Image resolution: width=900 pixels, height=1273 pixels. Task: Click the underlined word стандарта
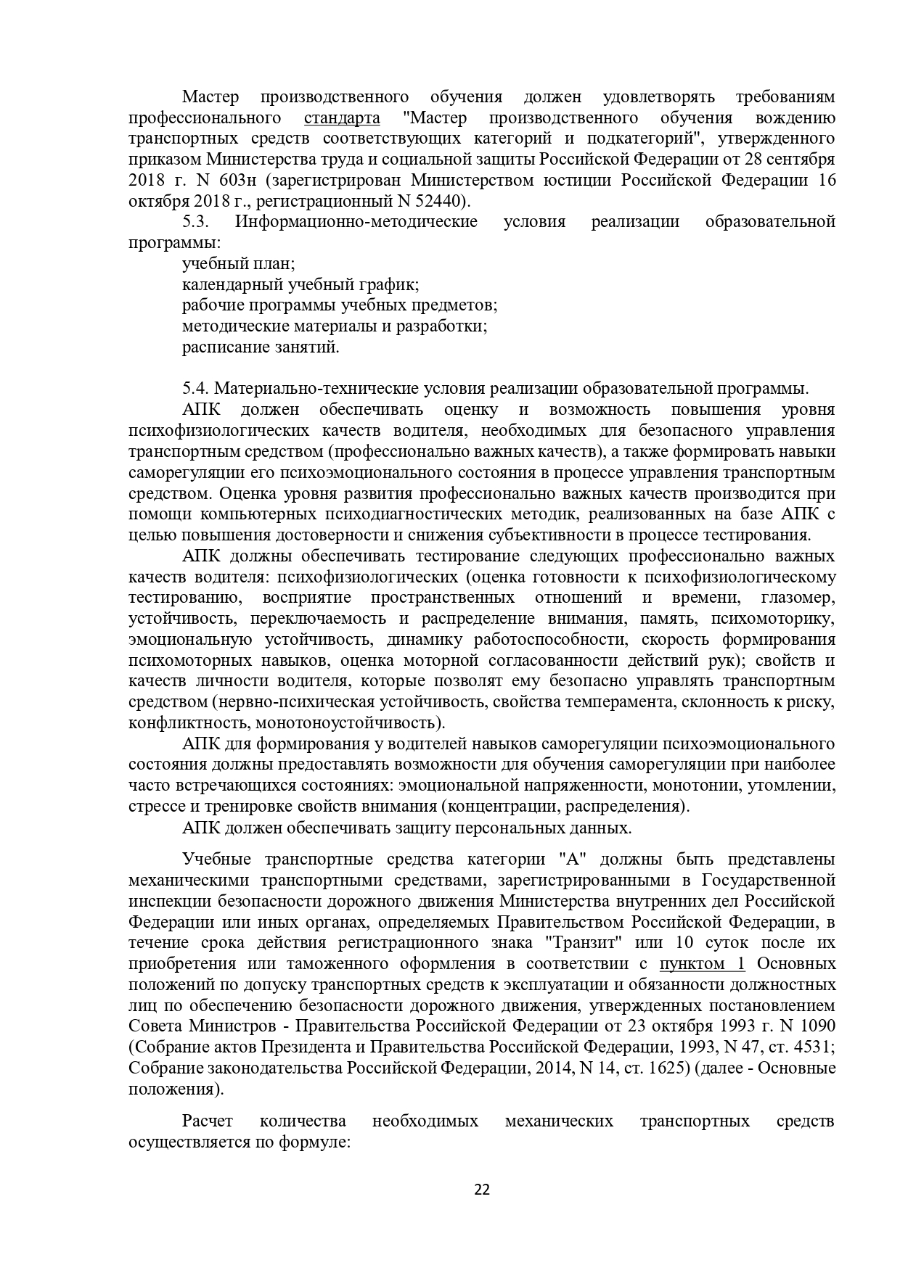(x=342, y=118)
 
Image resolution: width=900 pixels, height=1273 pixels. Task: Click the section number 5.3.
(x=196, y=222)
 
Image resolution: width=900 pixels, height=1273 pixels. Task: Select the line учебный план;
(x=238, y=264)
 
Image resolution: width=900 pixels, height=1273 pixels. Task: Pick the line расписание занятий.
(x=261, y=347)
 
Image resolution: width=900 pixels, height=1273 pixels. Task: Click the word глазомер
(x=798, y=598)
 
